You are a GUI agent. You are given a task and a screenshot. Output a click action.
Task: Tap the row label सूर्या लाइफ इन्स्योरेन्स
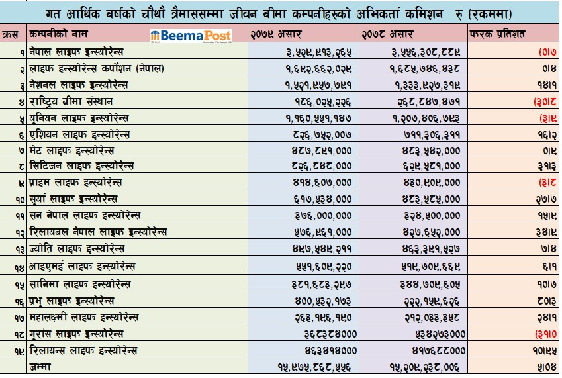[x=73, y=199]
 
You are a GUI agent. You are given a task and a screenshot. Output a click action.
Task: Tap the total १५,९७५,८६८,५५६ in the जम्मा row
[x=314, y=366]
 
